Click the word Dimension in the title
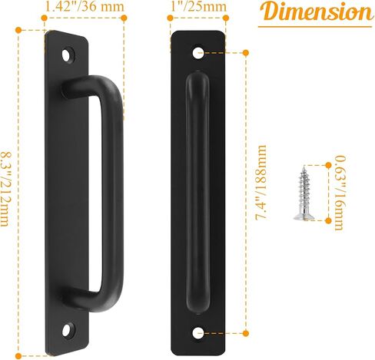[x=317, y=12]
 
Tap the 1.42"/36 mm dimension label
[x=85, y=7]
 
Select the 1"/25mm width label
[x=198, y=7]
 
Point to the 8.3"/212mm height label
[x=5, y=190]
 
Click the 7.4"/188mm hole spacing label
[x=261, y=182]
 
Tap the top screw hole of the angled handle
[x=67, y=55]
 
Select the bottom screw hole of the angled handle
[x=68, y=329]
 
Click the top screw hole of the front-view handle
[x=198, y=52]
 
